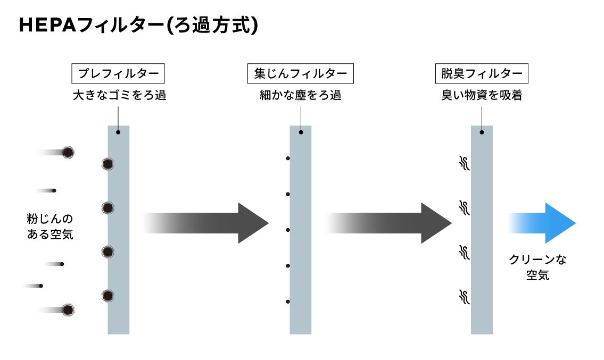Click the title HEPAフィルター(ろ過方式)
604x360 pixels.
pyautogui.click(x=138, y=26)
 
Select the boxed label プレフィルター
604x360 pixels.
pyautogui.click(x=118, y=73)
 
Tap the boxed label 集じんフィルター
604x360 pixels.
pyautogui.click(x=301, y=73)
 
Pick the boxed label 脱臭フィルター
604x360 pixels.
pyautogui.click(x=482, y=73)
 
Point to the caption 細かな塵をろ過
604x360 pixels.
pyautogui.click(x=300, y=96)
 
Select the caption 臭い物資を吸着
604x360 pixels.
pyautogui.click(x=482, y=96)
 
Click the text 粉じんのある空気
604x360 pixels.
pyautogui.click(x=50, y=227)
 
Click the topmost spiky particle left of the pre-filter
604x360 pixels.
pyautogui.click(x=68, y=153)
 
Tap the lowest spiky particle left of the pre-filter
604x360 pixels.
pyautogui.click(x=68, y=309)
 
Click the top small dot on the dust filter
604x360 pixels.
pyautogui.click(x=288, y=158)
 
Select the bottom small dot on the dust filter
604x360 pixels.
pyautogui.click(x=288, y=302)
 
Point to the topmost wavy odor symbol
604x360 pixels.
pyautogui.click(x=464, y=163)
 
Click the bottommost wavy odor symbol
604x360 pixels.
pyautogui.click(x=464, y=296)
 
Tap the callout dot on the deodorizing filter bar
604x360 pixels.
pyautogui.click(x=482, y=132)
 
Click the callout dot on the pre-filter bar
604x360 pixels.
pyautogui.click(x=118, y=132)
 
